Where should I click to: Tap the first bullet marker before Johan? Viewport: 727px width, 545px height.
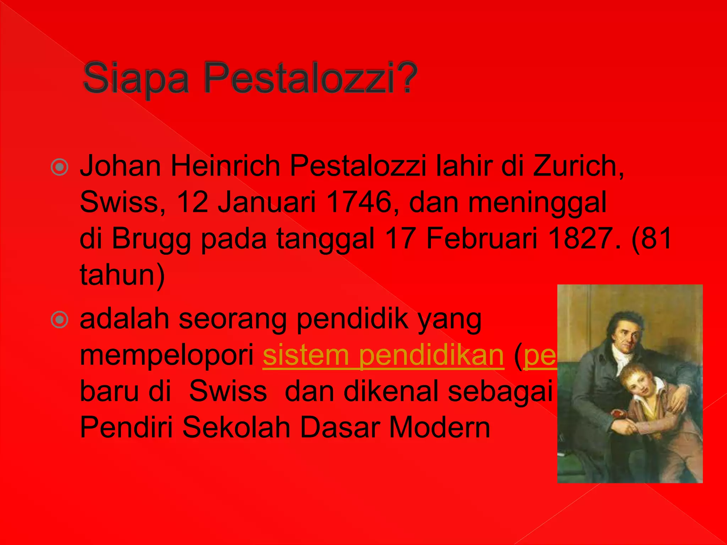click(x=59, y=167)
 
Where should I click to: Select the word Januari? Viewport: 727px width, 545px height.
click(x=267, y=202)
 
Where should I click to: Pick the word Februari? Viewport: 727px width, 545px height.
click(x=482, y=238)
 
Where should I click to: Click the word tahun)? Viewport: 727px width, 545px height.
click(x=122, y=275)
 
